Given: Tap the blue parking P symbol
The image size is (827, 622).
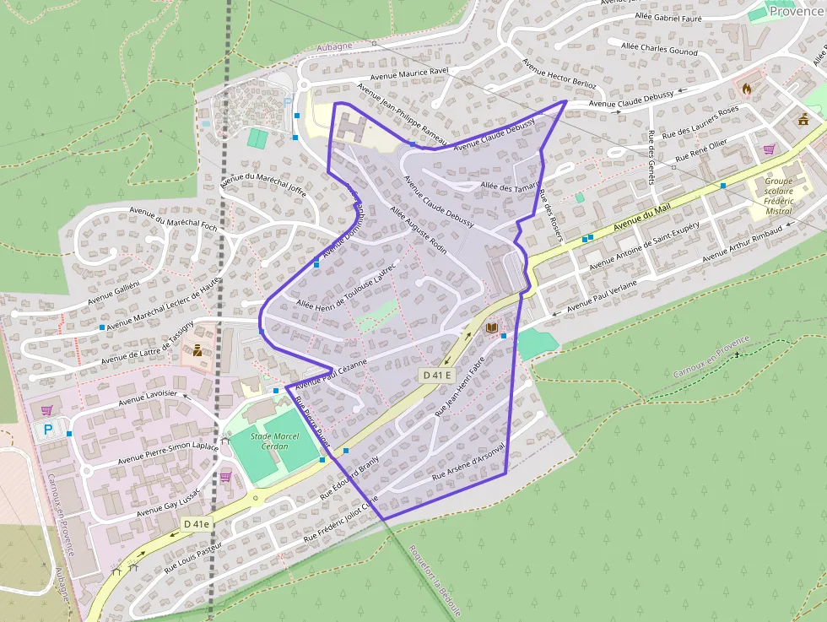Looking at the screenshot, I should coord(47,430).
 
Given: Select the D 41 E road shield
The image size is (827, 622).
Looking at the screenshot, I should coord(438,375).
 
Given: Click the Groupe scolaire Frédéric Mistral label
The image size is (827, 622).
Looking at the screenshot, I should coord(778,196).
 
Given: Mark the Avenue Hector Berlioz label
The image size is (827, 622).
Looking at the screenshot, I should coord(559,73).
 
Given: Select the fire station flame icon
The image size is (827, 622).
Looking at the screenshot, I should coord(746,88).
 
